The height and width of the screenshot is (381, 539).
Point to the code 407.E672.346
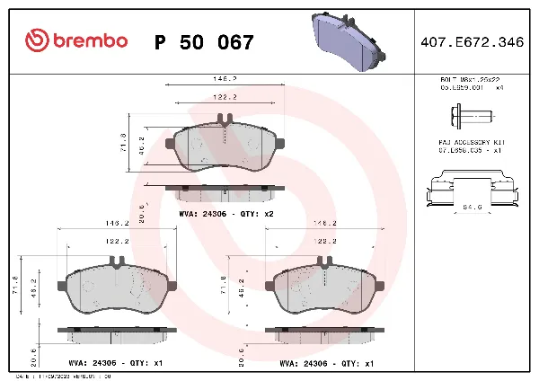472,42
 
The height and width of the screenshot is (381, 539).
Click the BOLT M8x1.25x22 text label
470,81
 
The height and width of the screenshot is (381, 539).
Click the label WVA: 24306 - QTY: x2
226,215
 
